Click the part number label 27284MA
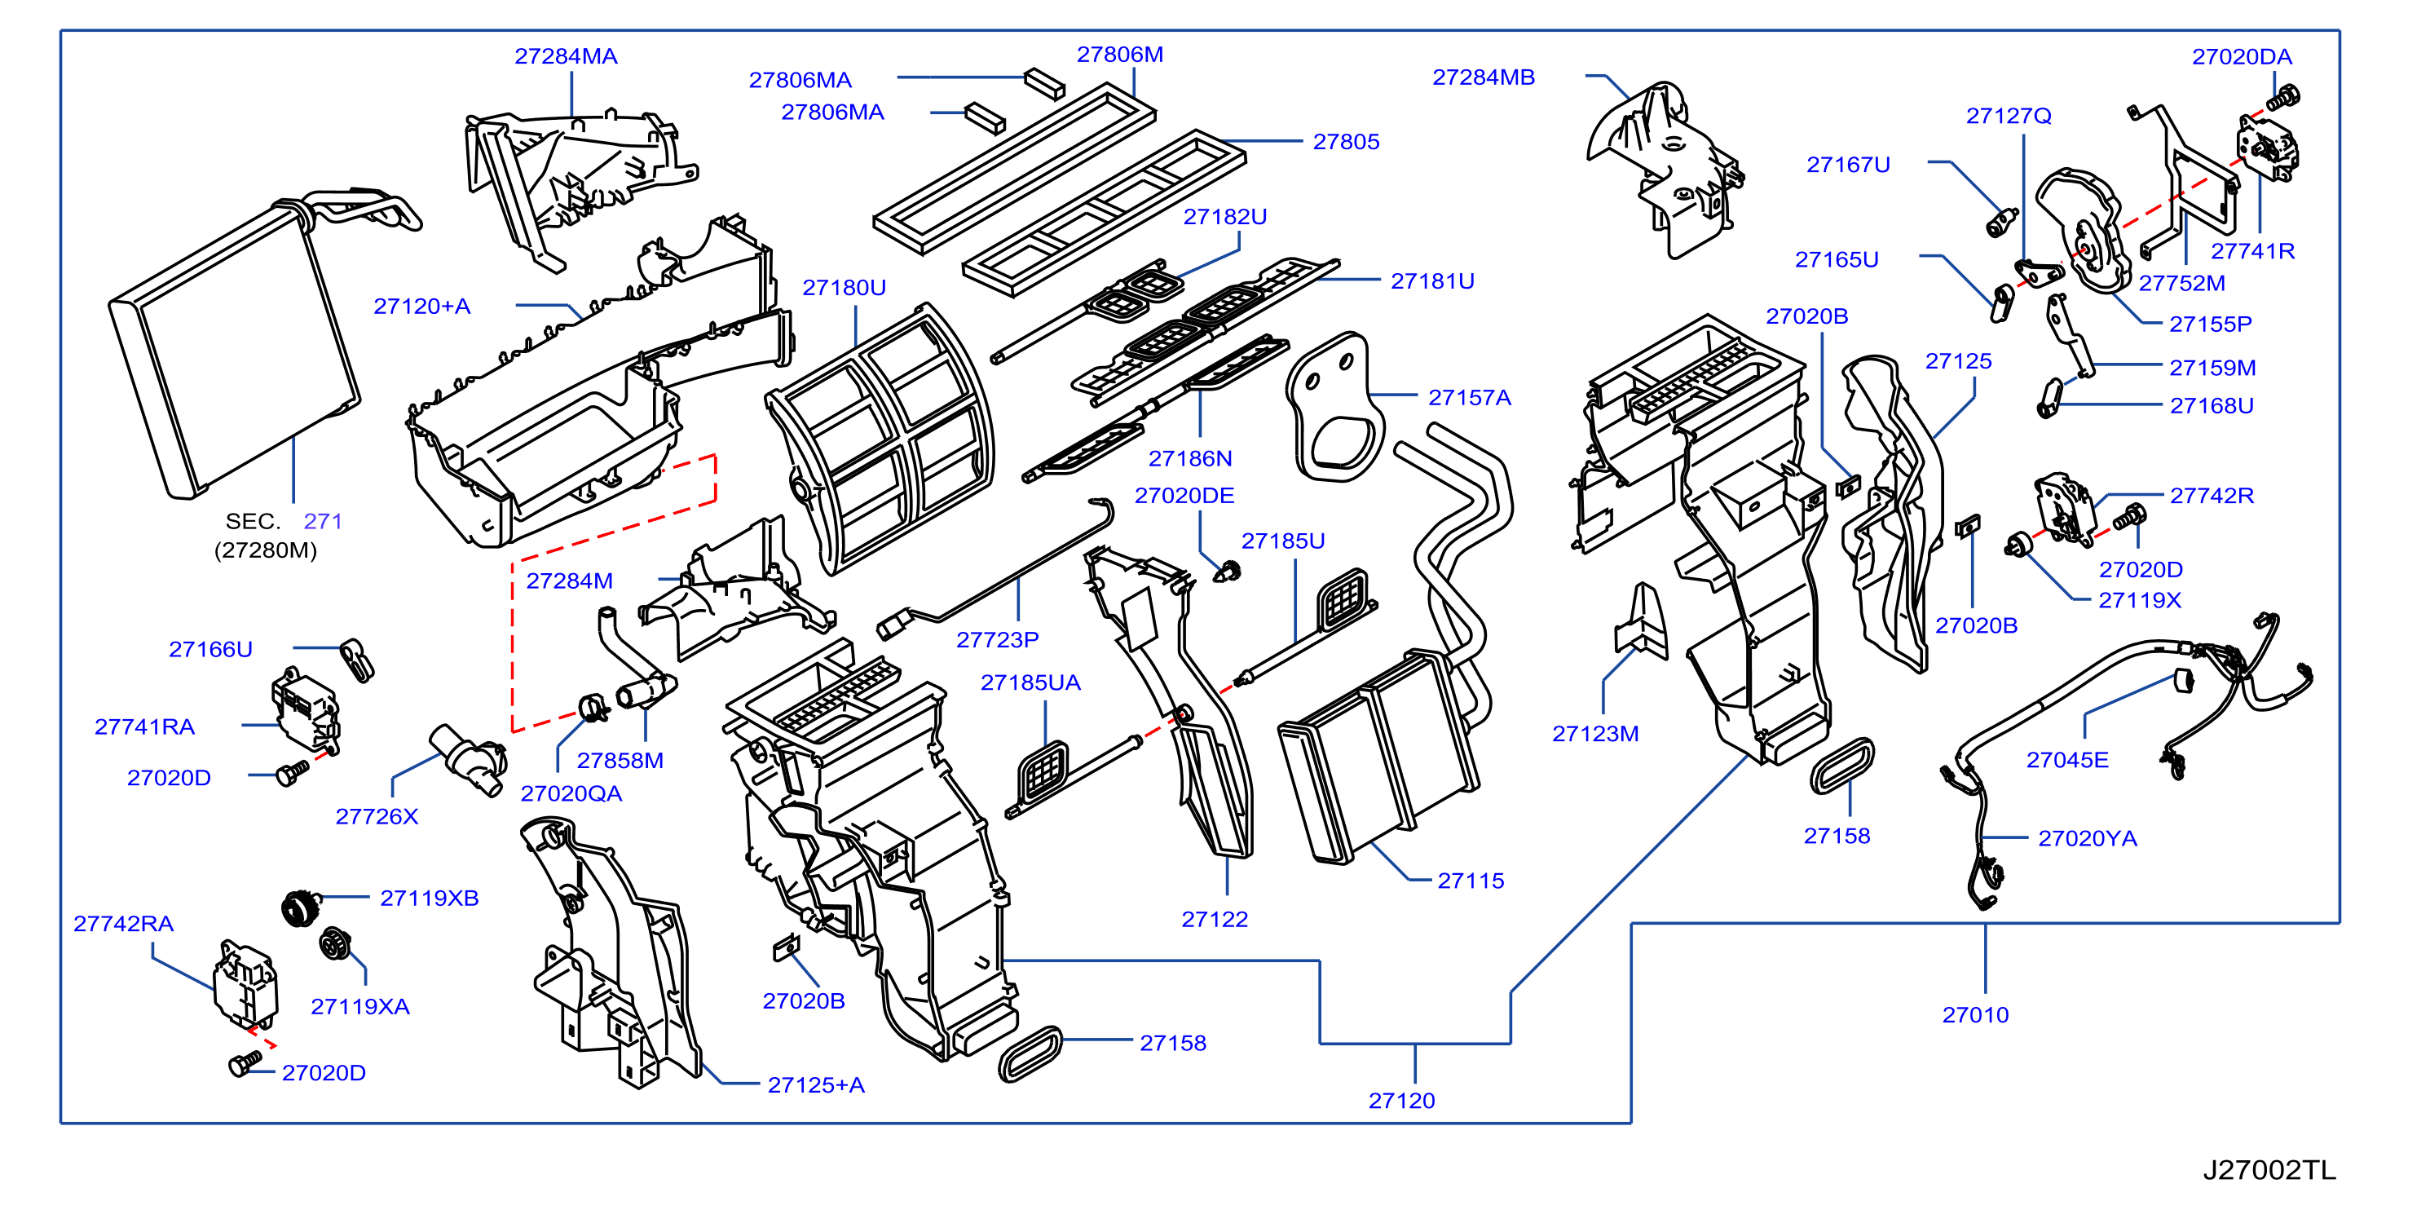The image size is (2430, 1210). click(x=566, y=56)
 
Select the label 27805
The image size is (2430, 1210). click(x=1346, y=143)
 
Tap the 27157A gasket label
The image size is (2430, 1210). click(x=1470, y=398)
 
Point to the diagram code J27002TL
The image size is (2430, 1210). click(x=2269, y=1170)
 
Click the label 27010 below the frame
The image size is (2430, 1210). click(x=1975, y=1016)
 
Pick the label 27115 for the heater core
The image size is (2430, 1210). click(x=1471, y=881)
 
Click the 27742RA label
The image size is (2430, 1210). click(x=124, y=924)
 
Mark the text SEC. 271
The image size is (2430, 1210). click(x=284, y=522)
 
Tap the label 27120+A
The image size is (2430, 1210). click(x=421, y=307)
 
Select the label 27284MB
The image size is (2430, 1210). click(x=1484, y=77)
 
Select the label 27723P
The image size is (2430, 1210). click(x=998, y=640)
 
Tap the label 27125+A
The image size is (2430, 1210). click(x=816, y=1085)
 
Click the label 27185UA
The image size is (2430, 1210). click(x=1030, y=683)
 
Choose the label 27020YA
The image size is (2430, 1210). click(x=2088, y=839)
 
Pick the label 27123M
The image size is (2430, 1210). click(x=1595, y=735)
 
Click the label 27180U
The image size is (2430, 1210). click(x=845, y=288)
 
